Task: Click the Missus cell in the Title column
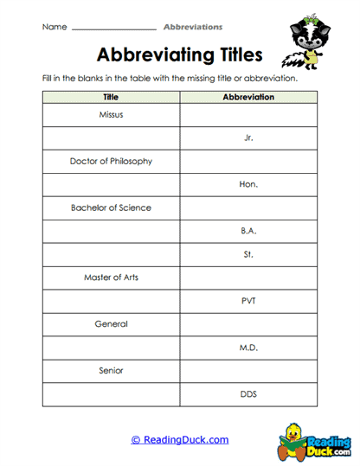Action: (x=111, y=114)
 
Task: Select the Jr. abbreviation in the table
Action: (x=249, y=137)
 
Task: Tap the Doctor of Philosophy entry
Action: (x=111, y=161)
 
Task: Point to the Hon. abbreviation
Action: (x=249, y=184)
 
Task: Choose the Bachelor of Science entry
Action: (x=111, y=207)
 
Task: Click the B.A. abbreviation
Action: (x=249, y=231)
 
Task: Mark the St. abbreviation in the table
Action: (x=249, y=254)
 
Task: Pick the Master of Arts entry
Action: (x=111, y=278)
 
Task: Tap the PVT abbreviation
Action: (x=249, y=301)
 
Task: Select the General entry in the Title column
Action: (x=111, y=324)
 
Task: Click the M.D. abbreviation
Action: (x=249, y=348)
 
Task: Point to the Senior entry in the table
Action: (x=111, y=371)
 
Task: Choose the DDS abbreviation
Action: (x=249, y=394)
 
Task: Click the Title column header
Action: (x=111, y=98)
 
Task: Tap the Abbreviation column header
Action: (x=249, y=98)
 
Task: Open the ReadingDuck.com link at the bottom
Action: (x=180, y=440)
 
